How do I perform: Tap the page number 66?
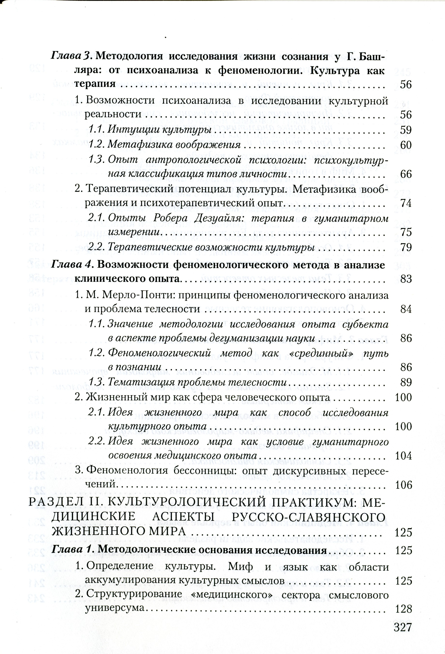pyautogui.click(x=406, y=174)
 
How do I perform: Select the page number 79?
pyautogui.click(x=406, y=247)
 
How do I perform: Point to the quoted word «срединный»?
pyautogui.click(x=321, y=353)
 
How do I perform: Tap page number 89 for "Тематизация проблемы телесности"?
pyautogui.click(x=406, y=382)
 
